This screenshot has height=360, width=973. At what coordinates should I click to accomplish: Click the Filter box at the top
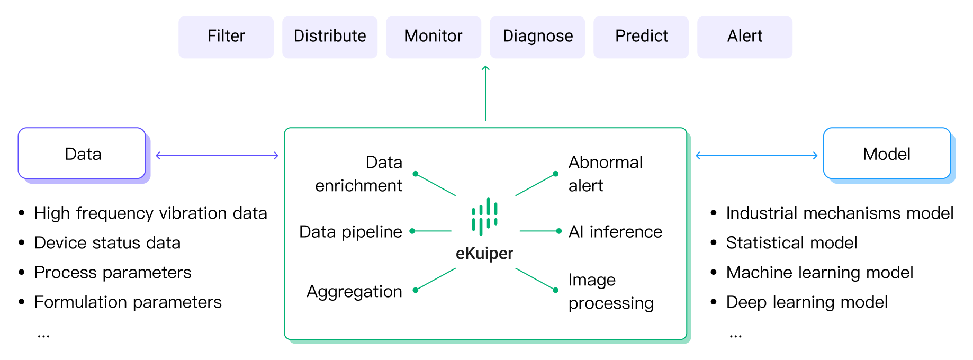point(226,37)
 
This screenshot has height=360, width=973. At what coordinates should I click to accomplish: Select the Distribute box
point(330,37)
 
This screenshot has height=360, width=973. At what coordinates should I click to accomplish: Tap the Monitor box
point(434,37)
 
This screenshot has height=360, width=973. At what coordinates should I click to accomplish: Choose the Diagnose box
point(537,37)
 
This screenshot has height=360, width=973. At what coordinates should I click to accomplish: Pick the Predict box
point(641,37)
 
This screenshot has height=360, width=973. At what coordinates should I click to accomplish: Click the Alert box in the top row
point(745,37)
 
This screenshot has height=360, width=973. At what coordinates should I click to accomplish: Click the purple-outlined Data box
point(82,154)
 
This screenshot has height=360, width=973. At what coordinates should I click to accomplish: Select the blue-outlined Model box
point(887,154)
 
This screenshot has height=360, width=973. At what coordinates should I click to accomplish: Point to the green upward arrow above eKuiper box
point(485,93)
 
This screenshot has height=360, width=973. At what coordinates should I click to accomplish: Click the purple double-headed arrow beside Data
point(217,156)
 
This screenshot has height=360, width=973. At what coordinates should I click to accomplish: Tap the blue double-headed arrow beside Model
point(756,156)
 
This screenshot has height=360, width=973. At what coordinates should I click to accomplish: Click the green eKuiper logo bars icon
point(485,217)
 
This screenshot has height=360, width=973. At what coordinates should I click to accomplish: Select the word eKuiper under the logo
point(484,254)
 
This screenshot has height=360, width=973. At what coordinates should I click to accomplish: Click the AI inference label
point(615,232)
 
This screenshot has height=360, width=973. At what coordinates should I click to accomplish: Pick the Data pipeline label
point(350,232)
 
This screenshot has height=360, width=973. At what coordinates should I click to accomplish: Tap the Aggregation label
point(354,292)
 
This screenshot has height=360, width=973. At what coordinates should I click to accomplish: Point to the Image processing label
point(611,291)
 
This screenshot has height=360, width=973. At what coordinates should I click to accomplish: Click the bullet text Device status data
point(107,243)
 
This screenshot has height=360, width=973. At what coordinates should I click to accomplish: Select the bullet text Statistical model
point(791,243)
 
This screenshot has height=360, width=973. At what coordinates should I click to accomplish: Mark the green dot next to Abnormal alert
point(555,174)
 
